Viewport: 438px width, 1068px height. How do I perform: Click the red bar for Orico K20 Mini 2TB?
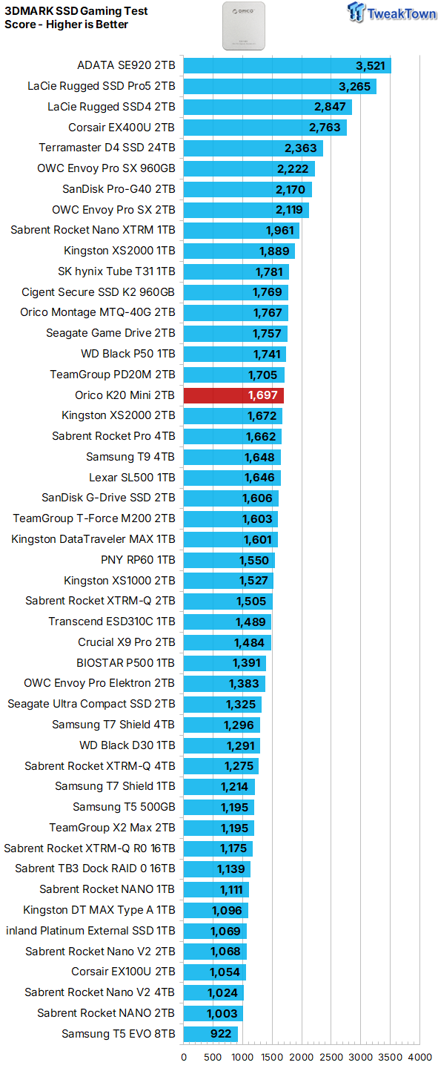pos(233,395)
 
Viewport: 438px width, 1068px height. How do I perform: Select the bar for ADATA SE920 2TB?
pos(288,66)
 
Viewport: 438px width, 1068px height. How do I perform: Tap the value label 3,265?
pos(354,87)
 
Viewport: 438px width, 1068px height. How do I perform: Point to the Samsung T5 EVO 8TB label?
pos(118,1034)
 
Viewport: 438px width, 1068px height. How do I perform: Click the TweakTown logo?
pos(391,13)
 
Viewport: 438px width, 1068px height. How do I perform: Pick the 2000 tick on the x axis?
pos(302,1057)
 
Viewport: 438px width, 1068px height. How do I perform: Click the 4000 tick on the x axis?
pos(420,1057)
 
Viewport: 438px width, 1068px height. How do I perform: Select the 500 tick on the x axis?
pos(213,1057)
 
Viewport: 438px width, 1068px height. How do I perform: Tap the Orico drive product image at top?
pos(244,26)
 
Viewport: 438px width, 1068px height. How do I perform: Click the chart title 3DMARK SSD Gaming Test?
pos(76,11)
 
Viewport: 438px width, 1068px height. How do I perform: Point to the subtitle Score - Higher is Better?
pos(66,24)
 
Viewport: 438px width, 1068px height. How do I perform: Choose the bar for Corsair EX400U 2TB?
pos(265,128)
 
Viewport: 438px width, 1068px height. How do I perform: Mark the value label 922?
pos(221,1034)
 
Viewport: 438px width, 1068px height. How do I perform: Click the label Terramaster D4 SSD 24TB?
pos(107,148)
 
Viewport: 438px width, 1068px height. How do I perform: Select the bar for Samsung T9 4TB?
pos(232,457)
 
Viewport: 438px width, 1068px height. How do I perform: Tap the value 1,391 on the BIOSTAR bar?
pos(246,663)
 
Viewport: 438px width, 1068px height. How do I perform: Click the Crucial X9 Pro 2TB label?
pos(127,642)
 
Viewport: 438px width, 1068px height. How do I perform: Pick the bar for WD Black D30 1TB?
pos(222,745)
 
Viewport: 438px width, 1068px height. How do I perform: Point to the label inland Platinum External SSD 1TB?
pos(90,931)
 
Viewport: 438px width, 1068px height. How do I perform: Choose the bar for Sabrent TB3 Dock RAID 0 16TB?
pos(217,869)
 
